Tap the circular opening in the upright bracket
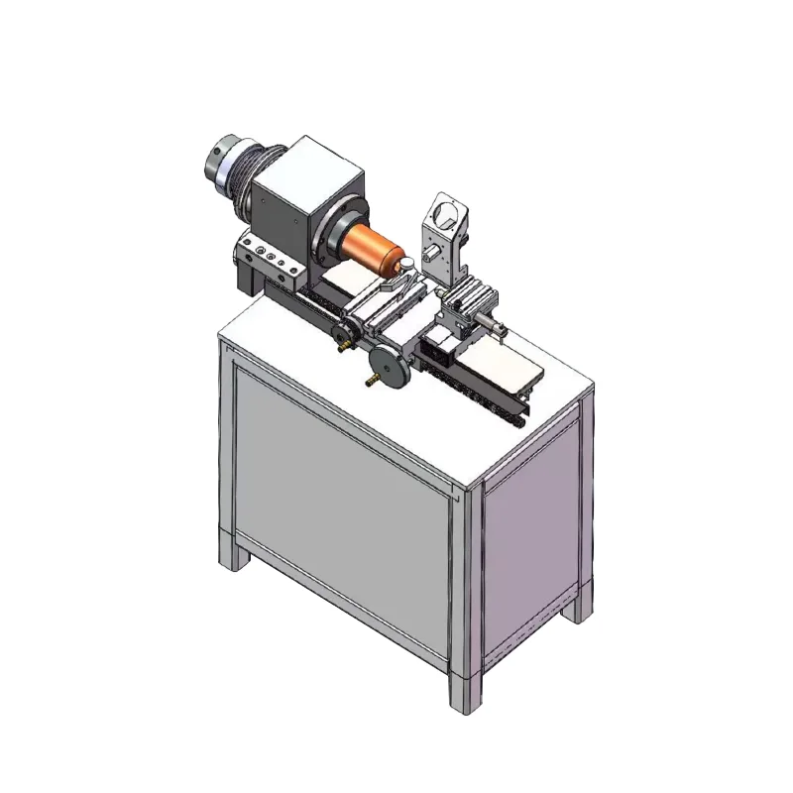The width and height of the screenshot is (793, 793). (x=443, y=212)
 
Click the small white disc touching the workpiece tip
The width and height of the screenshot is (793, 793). (x=404, y=263)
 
